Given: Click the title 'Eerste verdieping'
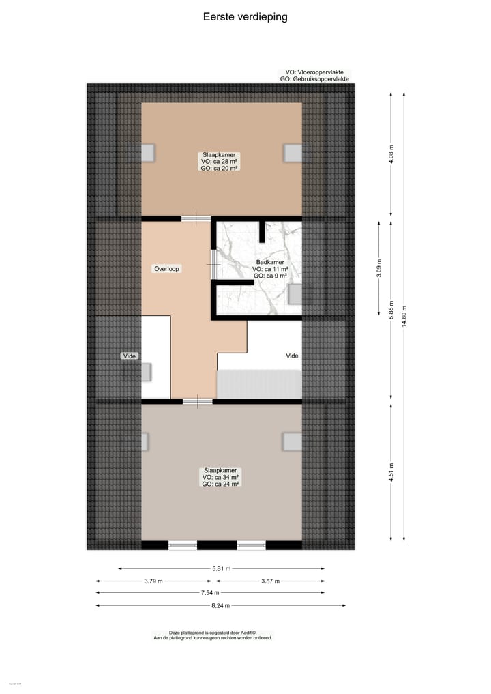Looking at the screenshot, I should (x=245, y=17).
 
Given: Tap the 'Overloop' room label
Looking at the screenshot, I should (x=166, y=269).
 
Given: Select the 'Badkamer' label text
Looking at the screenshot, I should (x=270, y=262).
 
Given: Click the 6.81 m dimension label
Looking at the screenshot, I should (x=221, y=568).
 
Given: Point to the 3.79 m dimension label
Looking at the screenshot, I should (x=153, y=581).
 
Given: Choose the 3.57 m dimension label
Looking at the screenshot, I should (x=271, y=581).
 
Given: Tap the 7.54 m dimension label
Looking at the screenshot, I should (x=221, y=593).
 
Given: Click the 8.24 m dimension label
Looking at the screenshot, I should (x=221, y=605).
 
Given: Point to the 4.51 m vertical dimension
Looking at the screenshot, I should (x=391, y=472).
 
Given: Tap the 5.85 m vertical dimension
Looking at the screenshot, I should (x=391, y=308).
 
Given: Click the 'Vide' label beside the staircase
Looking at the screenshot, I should (x=292, y=356).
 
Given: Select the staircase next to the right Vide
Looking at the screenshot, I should (x=258, y=384).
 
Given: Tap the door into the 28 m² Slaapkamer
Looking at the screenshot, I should (x=196, y=218).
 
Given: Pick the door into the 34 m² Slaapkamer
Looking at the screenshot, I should (x=197, y=401).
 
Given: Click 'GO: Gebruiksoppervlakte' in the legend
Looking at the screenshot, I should (x=314, y=79).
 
